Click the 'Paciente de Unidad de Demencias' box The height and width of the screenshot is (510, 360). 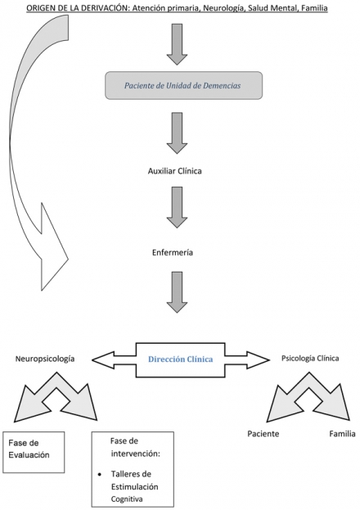[183, 85]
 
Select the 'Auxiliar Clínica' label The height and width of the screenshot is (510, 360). [174, 171]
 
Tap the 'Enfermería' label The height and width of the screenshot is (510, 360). [173, 252]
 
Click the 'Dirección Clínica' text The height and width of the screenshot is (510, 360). [181, 359]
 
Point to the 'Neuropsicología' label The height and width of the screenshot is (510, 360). [45, 359]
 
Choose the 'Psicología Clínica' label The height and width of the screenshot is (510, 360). [310, 358]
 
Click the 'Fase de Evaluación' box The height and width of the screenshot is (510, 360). [34, 452]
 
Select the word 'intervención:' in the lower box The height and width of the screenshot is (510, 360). [135, 454]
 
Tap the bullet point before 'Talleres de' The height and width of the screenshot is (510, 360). [100, 475]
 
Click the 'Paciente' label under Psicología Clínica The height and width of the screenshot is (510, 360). [263, 434]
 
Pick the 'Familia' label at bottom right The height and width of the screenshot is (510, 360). [342, 434]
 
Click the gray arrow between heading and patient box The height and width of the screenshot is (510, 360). [177, 44]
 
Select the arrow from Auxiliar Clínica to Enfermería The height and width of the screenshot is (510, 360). [177, 207]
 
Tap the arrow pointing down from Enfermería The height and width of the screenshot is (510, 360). [177, 292]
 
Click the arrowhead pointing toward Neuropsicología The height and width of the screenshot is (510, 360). [103, 359]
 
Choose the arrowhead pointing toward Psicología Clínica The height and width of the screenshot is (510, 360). [259, 359]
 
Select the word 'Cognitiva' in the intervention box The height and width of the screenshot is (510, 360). [127, 499]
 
